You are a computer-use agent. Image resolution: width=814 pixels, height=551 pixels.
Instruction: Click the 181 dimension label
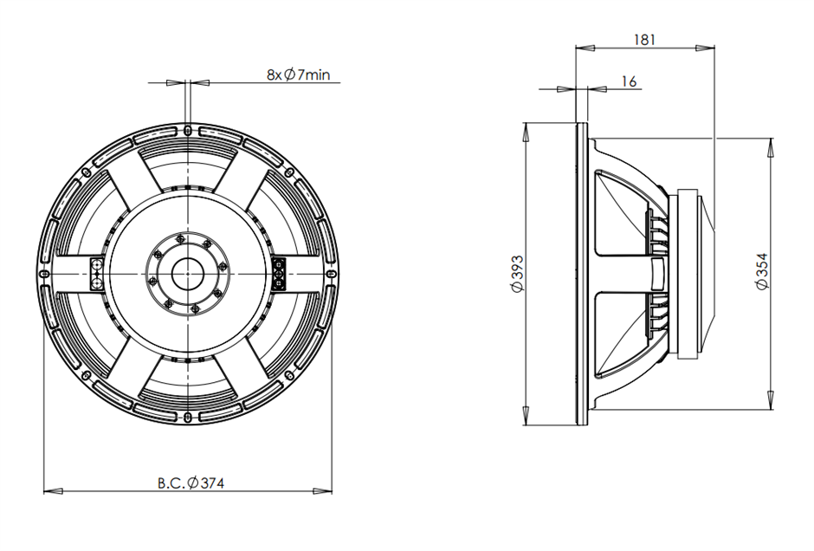coord(645,40)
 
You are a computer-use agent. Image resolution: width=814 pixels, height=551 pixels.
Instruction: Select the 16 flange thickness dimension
coord(629,81)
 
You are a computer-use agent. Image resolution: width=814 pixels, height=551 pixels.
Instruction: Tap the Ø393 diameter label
coord(518,274)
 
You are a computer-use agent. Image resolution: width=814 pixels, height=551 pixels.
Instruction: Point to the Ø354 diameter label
coord(762,271)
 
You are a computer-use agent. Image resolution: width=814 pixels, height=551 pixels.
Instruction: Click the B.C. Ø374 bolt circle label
coord(191,483)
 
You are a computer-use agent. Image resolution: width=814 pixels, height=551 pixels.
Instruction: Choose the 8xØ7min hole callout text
coord(299,75)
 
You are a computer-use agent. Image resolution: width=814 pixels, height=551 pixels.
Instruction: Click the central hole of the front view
coord(187,273)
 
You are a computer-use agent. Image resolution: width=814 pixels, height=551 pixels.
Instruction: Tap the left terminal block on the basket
coord(97,274)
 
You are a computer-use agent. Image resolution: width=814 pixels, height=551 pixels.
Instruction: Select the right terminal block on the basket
coord(279,274)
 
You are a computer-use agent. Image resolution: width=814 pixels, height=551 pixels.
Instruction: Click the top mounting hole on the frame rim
coord(187,128)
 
